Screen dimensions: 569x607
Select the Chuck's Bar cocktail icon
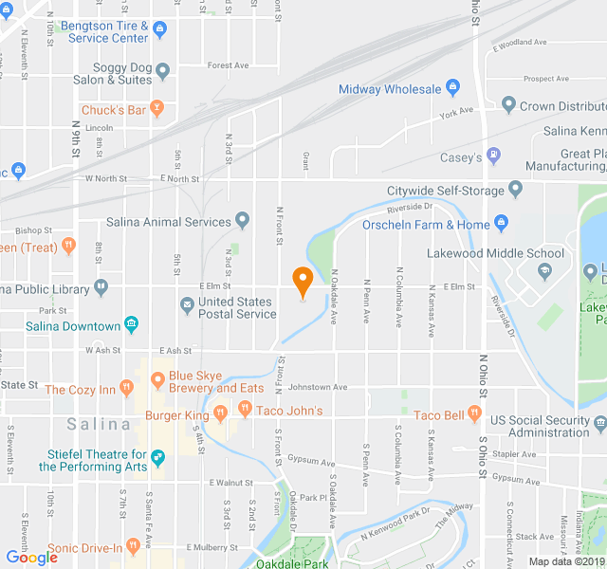click(157, 110)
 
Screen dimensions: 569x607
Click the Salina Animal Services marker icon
click(243, 222)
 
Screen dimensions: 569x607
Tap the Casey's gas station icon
click(493, 155)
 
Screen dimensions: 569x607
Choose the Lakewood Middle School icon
click(545, 271)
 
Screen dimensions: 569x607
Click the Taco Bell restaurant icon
click(475, 415)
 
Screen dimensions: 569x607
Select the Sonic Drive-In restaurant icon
click(160, 548)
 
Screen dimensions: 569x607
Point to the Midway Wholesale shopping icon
click(453, 89)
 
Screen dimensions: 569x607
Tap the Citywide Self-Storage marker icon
click(516, 189)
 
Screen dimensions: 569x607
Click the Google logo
click(31, 558)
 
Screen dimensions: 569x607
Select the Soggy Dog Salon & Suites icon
click(163, 70)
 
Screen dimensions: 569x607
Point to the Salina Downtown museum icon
click(131, 326)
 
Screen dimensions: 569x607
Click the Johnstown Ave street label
click(318, 387)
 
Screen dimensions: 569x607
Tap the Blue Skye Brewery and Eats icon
click(157, 380)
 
